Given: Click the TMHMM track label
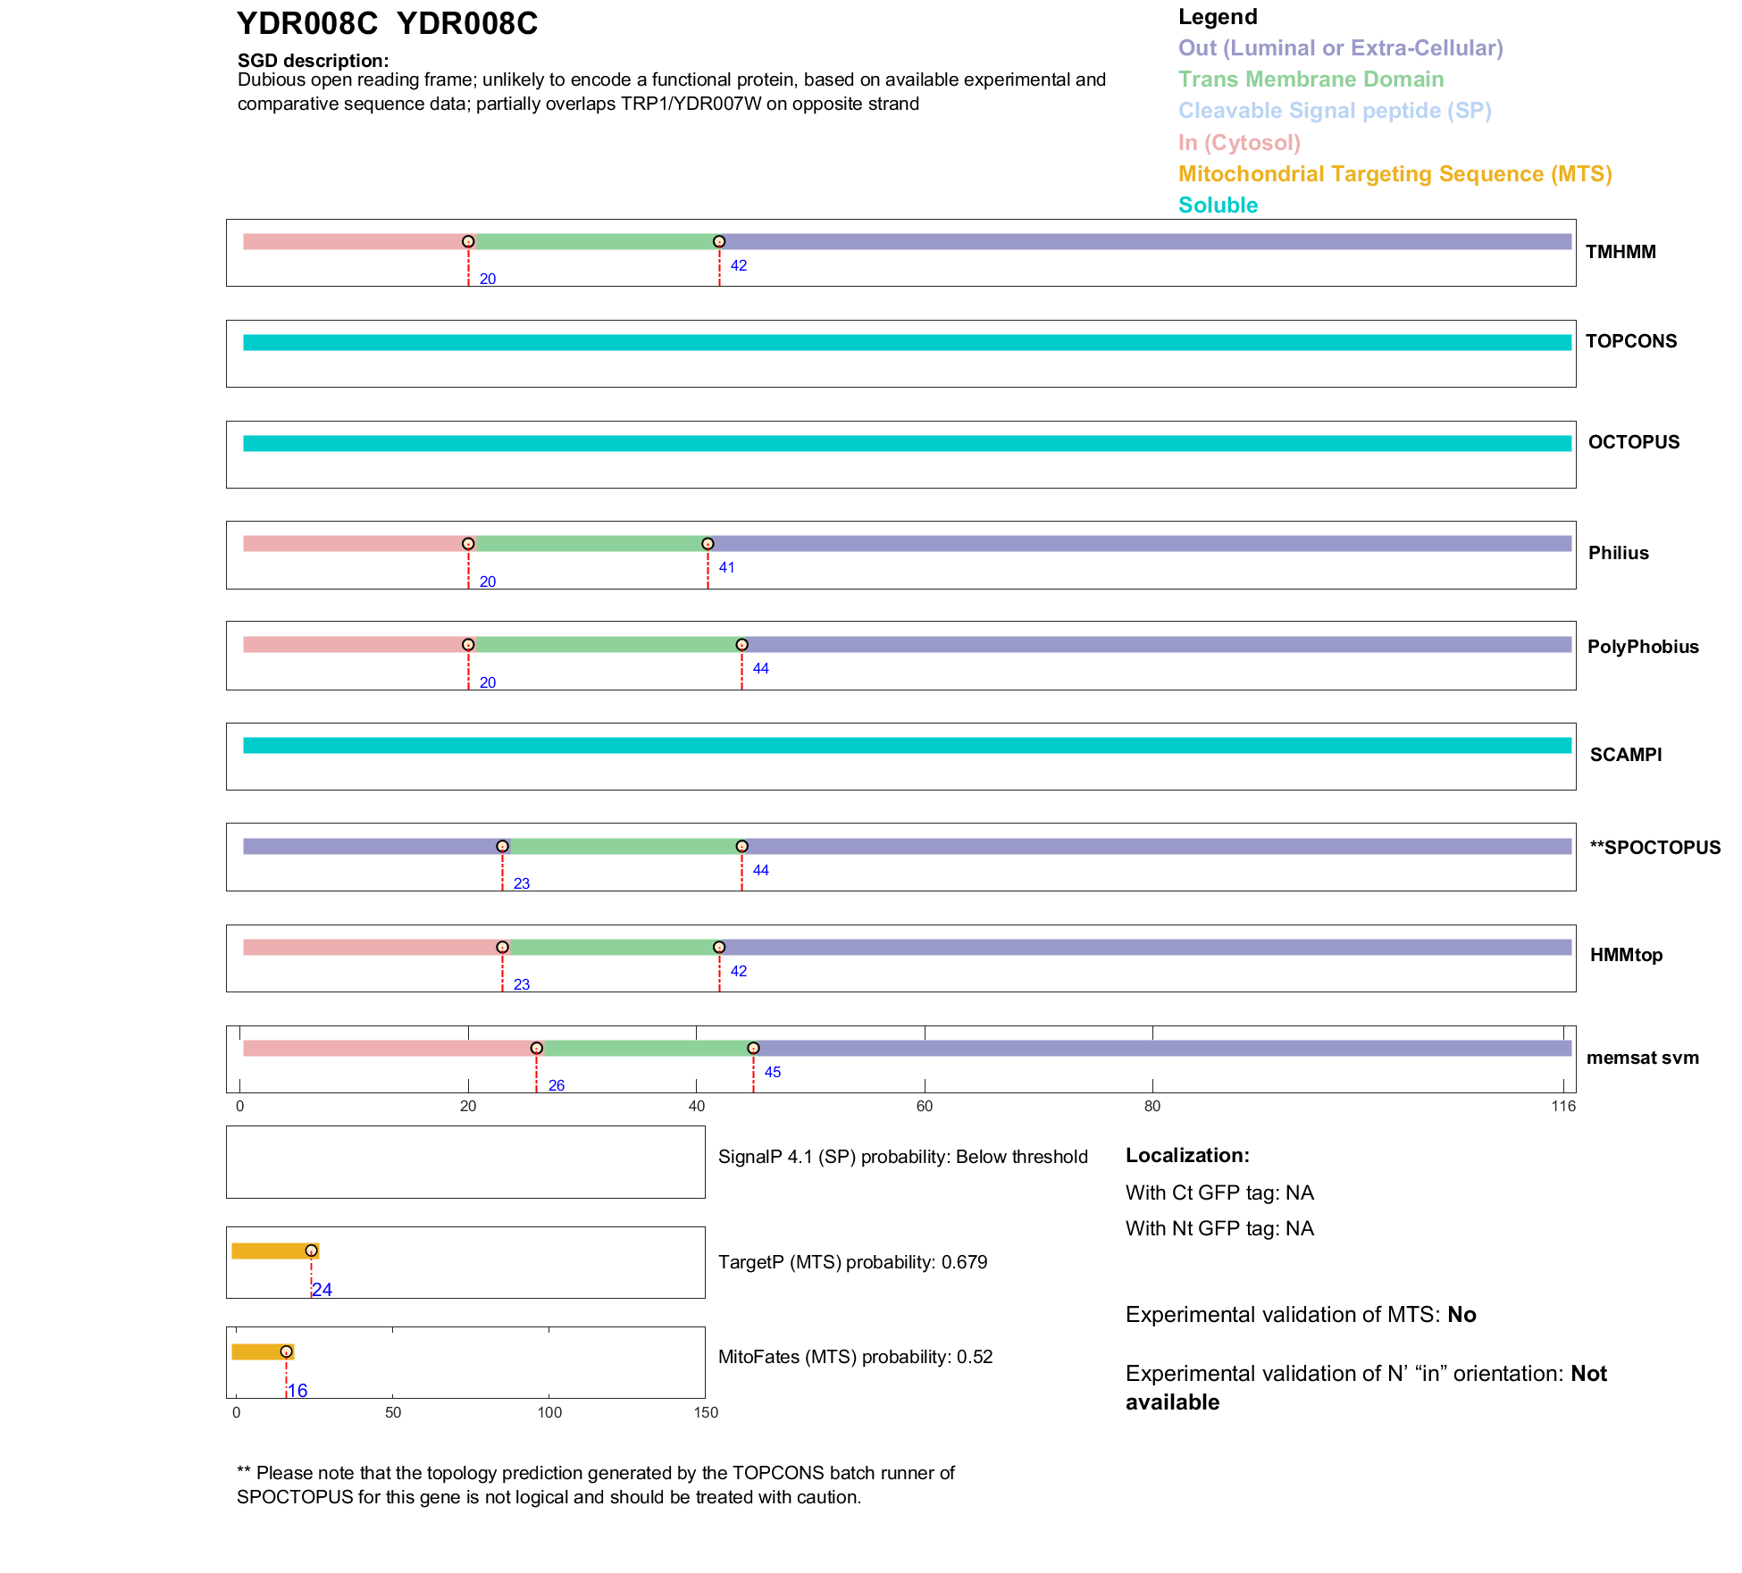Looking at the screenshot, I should pos(1621,252).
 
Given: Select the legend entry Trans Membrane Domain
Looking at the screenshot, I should pos(1311,79).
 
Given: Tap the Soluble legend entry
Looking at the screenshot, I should pos(1218,205).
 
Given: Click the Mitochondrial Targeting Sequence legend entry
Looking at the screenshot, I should pos(1394,174).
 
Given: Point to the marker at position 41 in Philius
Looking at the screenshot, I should pos(708,544).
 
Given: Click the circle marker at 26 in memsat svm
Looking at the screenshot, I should pos(536,1048).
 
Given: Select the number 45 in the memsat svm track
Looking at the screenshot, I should pos(773,1072).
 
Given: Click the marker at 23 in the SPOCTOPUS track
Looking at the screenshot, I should pos(502,846).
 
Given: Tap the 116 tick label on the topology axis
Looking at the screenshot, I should pos(1563,1107).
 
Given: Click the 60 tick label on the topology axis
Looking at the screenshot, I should pos(925,1107).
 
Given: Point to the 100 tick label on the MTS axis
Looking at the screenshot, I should pos(549,1413).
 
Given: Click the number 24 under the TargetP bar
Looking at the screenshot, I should pos(322,1290).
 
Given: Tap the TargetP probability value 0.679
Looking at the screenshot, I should pos(965,1262).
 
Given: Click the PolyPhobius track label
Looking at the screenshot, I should pos(1643,647).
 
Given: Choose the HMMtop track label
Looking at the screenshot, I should pos(1626,955).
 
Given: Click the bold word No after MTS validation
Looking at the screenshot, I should pos(1461,1315).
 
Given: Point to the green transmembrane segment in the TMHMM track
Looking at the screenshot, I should pos(594,242).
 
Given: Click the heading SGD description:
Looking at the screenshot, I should pos(313,61).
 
